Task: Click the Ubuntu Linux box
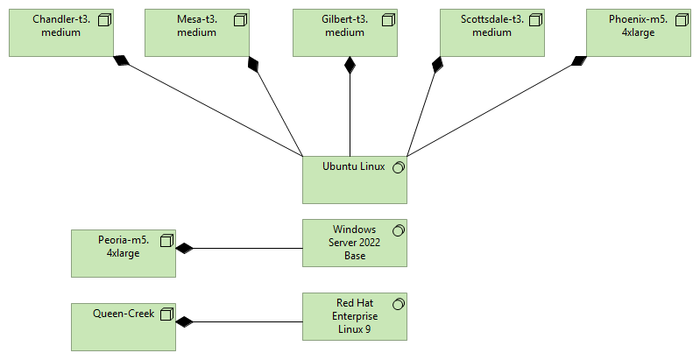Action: [x=354, y=180]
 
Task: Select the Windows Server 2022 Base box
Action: [x=354, y=243]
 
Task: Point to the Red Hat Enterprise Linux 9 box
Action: [x=354, y=316]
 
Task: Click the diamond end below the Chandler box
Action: [x=121, y=61]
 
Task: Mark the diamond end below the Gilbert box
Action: [x=350, y=64]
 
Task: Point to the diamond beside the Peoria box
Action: [x=184, y=249]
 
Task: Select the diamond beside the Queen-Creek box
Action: [x=184, y=322]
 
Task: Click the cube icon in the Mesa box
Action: [x=240, y=19]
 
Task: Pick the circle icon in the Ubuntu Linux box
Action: [x=398, y=167]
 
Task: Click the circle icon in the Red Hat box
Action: [x=398, y=303]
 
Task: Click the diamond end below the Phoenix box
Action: [x=579, y=60]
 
